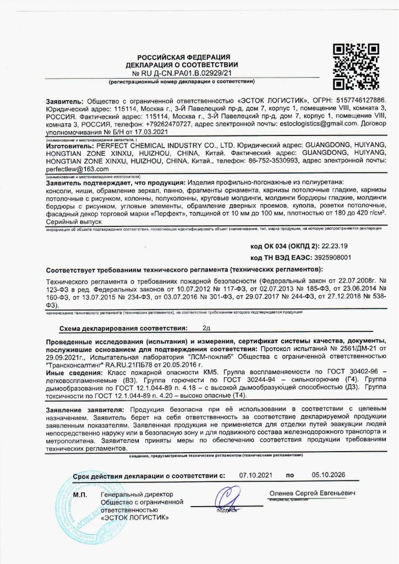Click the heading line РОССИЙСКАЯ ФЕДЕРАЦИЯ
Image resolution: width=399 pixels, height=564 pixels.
click(x=183, y=57)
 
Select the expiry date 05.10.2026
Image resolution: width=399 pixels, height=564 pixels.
click(x=326, y=475)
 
